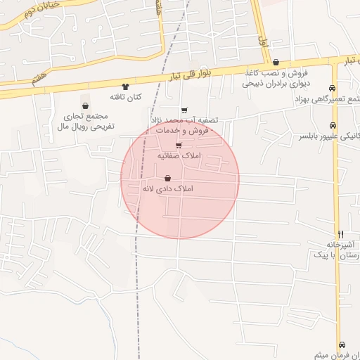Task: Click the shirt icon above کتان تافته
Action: pos(125,86)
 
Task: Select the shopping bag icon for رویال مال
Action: pos(85,105)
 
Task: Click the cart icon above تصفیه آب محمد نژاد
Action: pos(184,110)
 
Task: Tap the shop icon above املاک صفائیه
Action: pos(179,146)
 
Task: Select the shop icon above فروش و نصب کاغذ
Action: pos(276,63)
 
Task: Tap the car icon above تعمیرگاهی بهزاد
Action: pos(332,89)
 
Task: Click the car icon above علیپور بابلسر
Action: pos(333,125)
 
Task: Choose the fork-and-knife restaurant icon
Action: pos(340,234)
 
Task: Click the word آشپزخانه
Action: pos(341,246)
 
